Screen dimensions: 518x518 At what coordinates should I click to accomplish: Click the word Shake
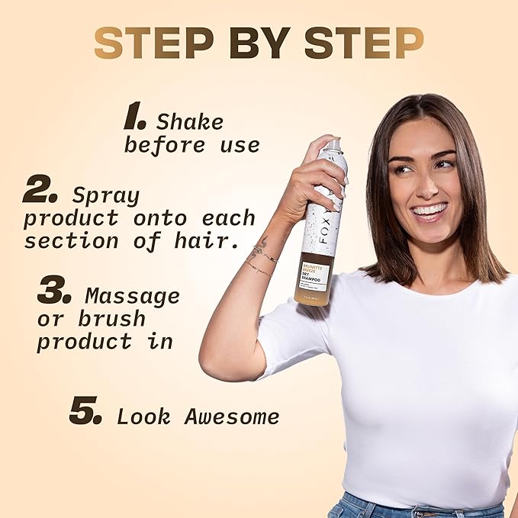tap(190, 122)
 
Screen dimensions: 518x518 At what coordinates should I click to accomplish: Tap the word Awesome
tap(232, 417)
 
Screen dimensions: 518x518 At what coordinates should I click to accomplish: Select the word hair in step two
tap(205, 242)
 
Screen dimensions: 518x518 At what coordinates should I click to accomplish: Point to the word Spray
tap(106, 195)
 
